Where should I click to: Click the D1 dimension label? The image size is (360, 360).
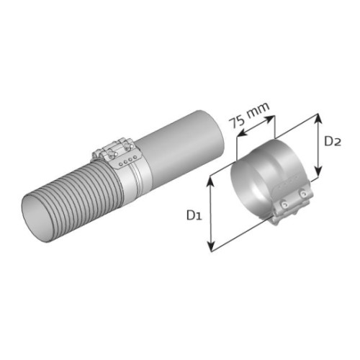click(x=194, y=215)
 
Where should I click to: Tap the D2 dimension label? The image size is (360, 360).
click(x=333, y=141)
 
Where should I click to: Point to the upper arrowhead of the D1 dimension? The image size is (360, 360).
click(x=210, y=182)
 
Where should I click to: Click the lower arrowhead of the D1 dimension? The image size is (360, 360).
click(x=211, y=246)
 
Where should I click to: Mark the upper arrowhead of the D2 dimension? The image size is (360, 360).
click(x=318, y=120)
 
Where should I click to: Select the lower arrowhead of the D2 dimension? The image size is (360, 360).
click(x=318, y=171)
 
